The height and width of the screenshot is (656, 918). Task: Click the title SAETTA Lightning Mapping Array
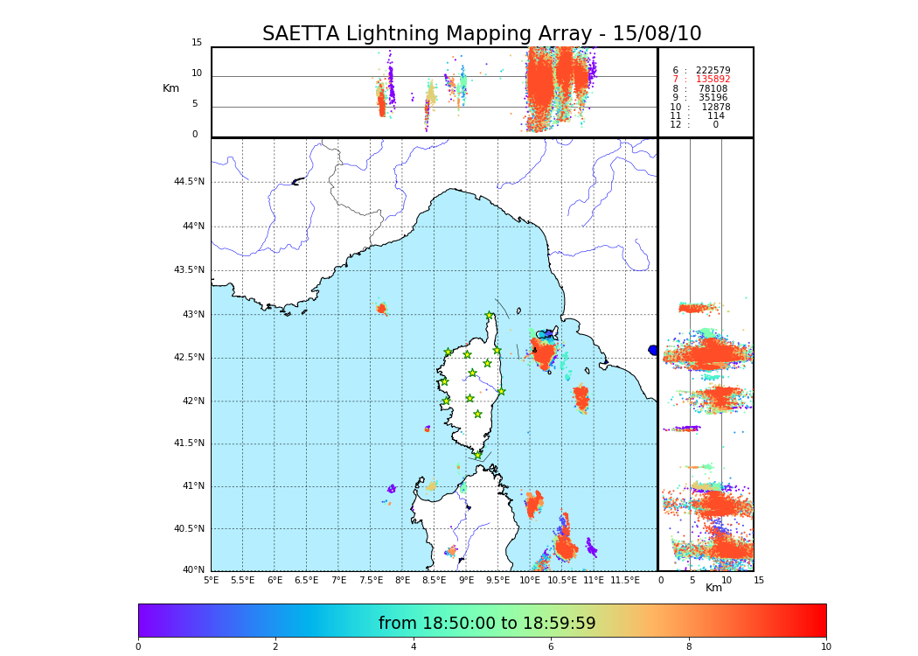(482, 34)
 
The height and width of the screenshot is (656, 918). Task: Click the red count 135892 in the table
(713, 80)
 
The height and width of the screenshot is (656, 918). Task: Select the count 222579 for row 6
(713, 70)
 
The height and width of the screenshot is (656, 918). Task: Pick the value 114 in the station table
(715, 116)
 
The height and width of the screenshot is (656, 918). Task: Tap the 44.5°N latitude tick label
(189, 182)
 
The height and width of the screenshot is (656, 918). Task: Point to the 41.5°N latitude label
(189, 443)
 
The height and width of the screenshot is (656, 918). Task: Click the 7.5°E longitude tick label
(371, 580)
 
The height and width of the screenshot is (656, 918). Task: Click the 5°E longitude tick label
(212, 580)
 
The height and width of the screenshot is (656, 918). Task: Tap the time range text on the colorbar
(487, 624)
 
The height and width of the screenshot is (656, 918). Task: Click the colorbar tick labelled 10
(825, 647)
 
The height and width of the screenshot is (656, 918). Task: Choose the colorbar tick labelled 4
(414, 647)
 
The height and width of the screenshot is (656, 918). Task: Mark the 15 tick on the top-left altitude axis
(197, 43)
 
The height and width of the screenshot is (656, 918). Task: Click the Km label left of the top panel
(171, 88)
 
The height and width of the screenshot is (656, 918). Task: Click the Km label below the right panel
(714, 588)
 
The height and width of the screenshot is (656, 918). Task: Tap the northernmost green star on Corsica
(490, 316)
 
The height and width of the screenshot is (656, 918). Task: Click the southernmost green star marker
(478, 455)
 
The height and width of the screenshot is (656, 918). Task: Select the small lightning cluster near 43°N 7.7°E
(381, 308)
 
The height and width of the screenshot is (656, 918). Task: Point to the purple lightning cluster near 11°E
(592, 548)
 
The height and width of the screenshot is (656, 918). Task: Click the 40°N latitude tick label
(193, 570)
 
